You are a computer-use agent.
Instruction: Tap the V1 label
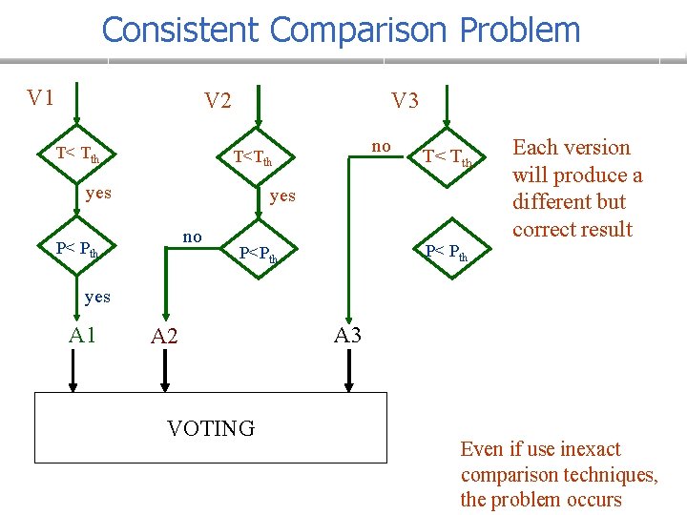40,97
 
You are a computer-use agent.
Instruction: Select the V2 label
218,100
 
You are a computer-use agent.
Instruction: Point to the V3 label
405,100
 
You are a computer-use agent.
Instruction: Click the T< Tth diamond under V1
76,153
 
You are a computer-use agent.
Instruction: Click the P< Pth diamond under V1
76,250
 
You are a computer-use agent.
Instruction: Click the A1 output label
82,334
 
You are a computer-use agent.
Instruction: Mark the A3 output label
347,334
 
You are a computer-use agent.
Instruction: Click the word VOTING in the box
211,428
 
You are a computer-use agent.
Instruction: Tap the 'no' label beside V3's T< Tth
381,146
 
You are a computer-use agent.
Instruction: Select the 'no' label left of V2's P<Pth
192,236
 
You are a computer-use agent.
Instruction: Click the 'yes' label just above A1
96,297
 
